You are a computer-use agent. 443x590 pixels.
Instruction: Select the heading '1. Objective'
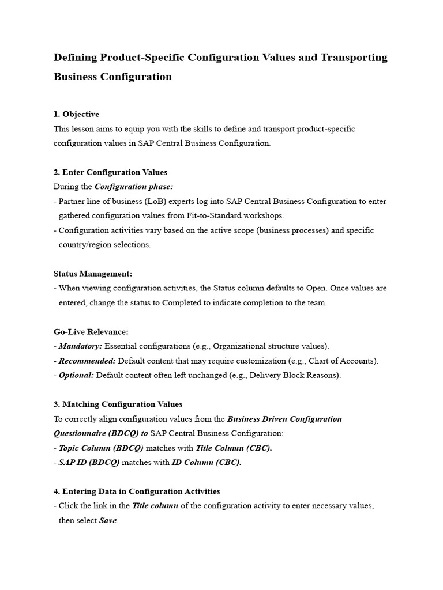coord(76,114)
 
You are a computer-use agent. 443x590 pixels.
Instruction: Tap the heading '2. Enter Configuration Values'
coord(110,172)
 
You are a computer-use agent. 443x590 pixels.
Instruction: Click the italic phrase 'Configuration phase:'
coord(133,187)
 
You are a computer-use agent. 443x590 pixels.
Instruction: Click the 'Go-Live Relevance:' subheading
coord(91,332)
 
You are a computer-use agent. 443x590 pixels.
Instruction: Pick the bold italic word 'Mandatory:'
coord(80,346)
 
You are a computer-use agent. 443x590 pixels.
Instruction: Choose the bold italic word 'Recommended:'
coord(87,361)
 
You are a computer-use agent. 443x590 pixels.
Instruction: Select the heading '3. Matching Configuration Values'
coord(118,404)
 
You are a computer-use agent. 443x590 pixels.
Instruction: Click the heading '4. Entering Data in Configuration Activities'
coord(137,491)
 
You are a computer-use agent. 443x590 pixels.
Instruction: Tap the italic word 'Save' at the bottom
coord(108,520)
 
